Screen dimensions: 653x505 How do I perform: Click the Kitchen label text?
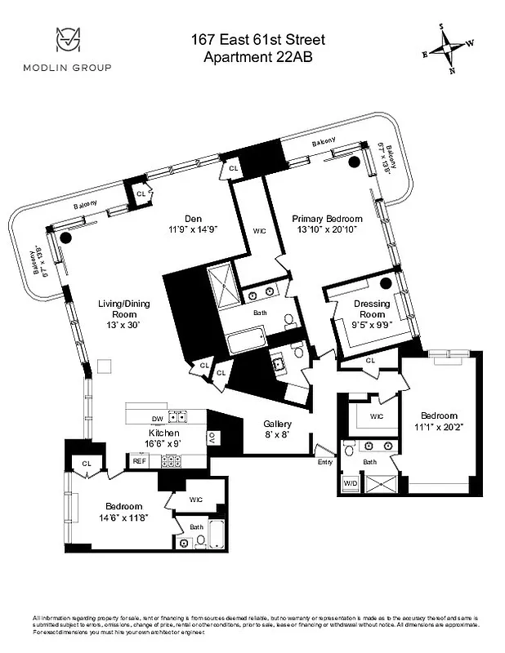coord(163,433)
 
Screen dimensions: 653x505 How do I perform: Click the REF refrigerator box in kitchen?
coord(139,461)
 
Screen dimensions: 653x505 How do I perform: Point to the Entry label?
coord(324,462)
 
